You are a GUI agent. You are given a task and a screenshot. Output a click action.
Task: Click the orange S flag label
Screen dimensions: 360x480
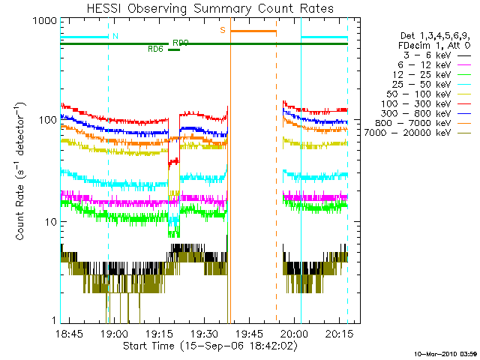223,30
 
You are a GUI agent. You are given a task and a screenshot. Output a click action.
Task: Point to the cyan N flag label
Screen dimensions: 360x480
115,36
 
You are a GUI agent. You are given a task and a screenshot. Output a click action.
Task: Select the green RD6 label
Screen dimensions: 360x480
156,49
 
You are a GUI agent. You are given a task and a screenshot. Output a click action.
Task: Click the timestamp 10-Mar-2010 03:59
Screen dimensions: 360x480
445,353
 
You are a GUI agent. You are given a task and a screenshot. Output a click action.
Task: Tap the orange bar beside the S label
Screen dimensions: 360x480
253,31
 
